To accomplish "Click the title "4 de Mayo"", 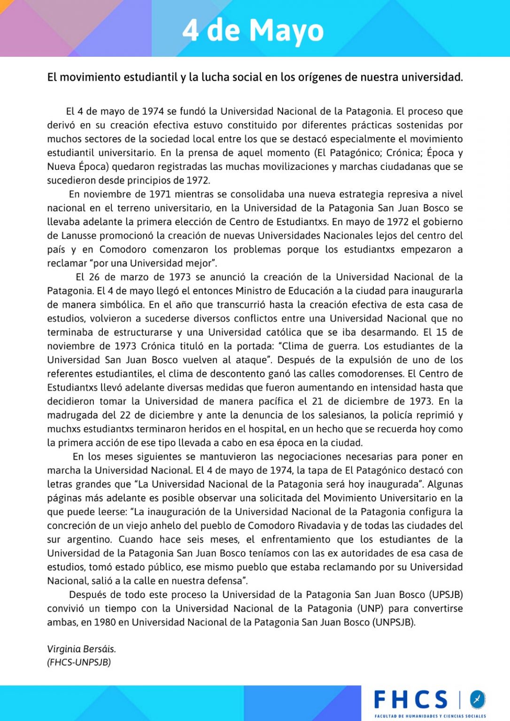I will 253,30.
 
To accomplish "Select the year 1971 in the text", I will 160,194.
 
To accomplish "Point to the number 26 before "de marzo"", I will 94,277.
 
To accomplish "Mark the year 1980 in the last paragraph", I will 105,622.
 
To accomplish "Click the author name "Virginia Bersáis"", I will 81,649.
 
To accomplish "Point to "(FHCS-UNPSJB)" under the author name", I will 79,662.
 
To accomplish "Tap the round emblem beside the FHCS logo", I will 478,699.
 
